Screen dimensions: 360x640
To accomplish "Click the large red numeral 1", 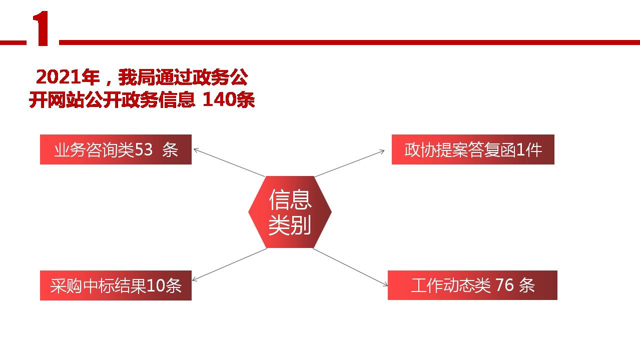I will tap(42, 30).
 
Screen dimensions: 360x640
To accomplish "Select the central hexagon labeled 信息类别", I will tap(290, 212).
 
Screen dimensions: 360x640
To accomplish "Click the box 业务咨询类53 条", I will tap(116, 149).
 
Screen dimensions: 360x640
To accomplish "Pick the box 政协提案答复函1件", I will tap(473, 149).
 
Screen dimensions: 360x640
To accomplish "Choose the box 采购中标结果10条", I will tap(116, 285).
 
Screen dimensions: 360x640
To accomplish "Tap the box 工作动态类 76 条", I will tap(472, 285).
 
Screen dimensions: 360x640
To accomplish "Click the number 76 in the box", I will tap(504, 285).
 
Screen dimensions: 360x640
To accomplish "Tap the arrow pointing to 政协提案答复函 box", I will tap(350, 163).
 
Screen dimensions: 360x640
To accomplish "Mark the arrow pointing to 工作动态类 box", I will tap(350, 267).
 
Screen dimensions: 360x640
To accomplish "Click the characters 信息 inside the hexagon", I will tap(290, 199).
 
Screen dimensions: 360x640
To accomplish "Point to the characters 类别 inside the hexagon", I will tap(290, 224).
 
